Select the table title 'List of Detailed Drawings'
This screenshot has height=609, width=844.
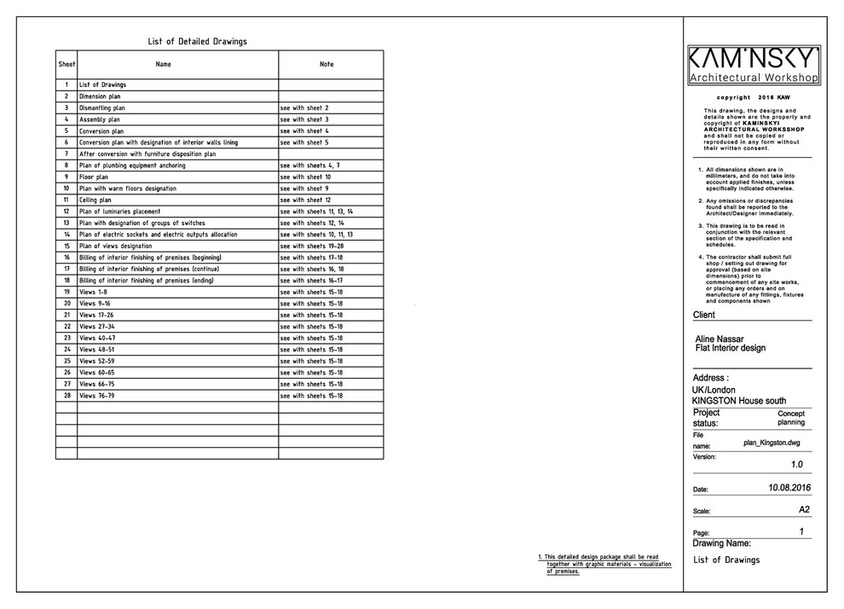click(198, 41)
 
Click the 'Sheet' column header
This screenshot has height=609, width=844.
click(66, 64)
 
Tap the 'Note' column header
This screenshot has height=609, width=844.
click(327, 64)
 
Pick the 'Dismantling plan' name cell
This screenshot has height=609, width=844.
click(102, 108)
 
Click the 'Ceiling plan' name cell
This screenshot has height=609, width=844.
click(95, 200)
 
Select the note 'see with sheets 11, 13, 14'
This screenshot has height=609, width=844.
click(316, 212)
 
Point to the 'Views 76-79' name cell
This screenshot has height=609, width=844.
click(96, 396)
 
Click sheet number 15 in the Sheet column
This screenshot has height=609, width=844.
click(66, 246)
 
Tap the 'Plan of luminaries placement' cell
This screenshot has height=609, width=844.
click(120, 212)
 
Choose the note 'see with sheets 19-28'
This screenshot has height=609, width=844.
click(310, 246)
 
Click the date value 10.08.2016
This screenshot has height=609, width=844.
click(789, 488)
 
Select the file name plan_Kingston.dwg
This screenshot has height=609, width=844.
click(771, 443)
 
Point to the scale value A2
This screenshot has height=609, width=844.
click(803, 509)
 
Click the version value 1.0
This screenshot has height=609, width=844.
click(796, 465)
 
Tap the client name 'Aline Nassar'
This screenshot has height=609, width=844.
click(720, 339)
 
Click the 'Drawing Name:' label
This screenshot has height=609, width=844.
click(721, 543)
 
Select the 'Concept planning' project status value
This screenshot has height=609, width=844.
click(790, 418)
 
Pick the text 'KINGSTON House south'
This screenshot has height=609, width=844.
click(739, 401)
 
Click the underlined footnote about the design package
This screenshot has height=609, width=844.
click(601, 564)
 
